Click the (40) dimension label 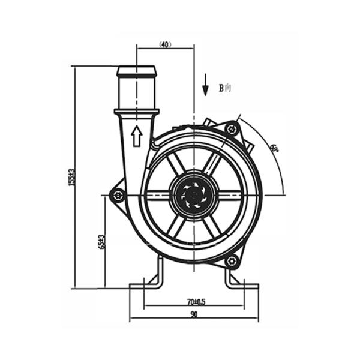click(x=166, y=44)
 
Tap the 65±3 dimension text click(x=102, y=241)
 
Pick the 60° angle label click(x=274, y=148)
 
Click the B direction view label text click(x=224, y=88)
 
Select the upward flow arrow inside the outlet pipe click(x=136, y=136)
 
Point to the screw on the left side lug click(x=118, y=194)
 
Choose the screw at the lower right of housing click(x=232, y=261)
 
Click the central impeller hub click(x=194, y=194)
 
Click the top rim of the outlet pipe click(x=137, y=70)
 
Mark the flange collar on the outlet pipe click(x=137, y=111)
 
